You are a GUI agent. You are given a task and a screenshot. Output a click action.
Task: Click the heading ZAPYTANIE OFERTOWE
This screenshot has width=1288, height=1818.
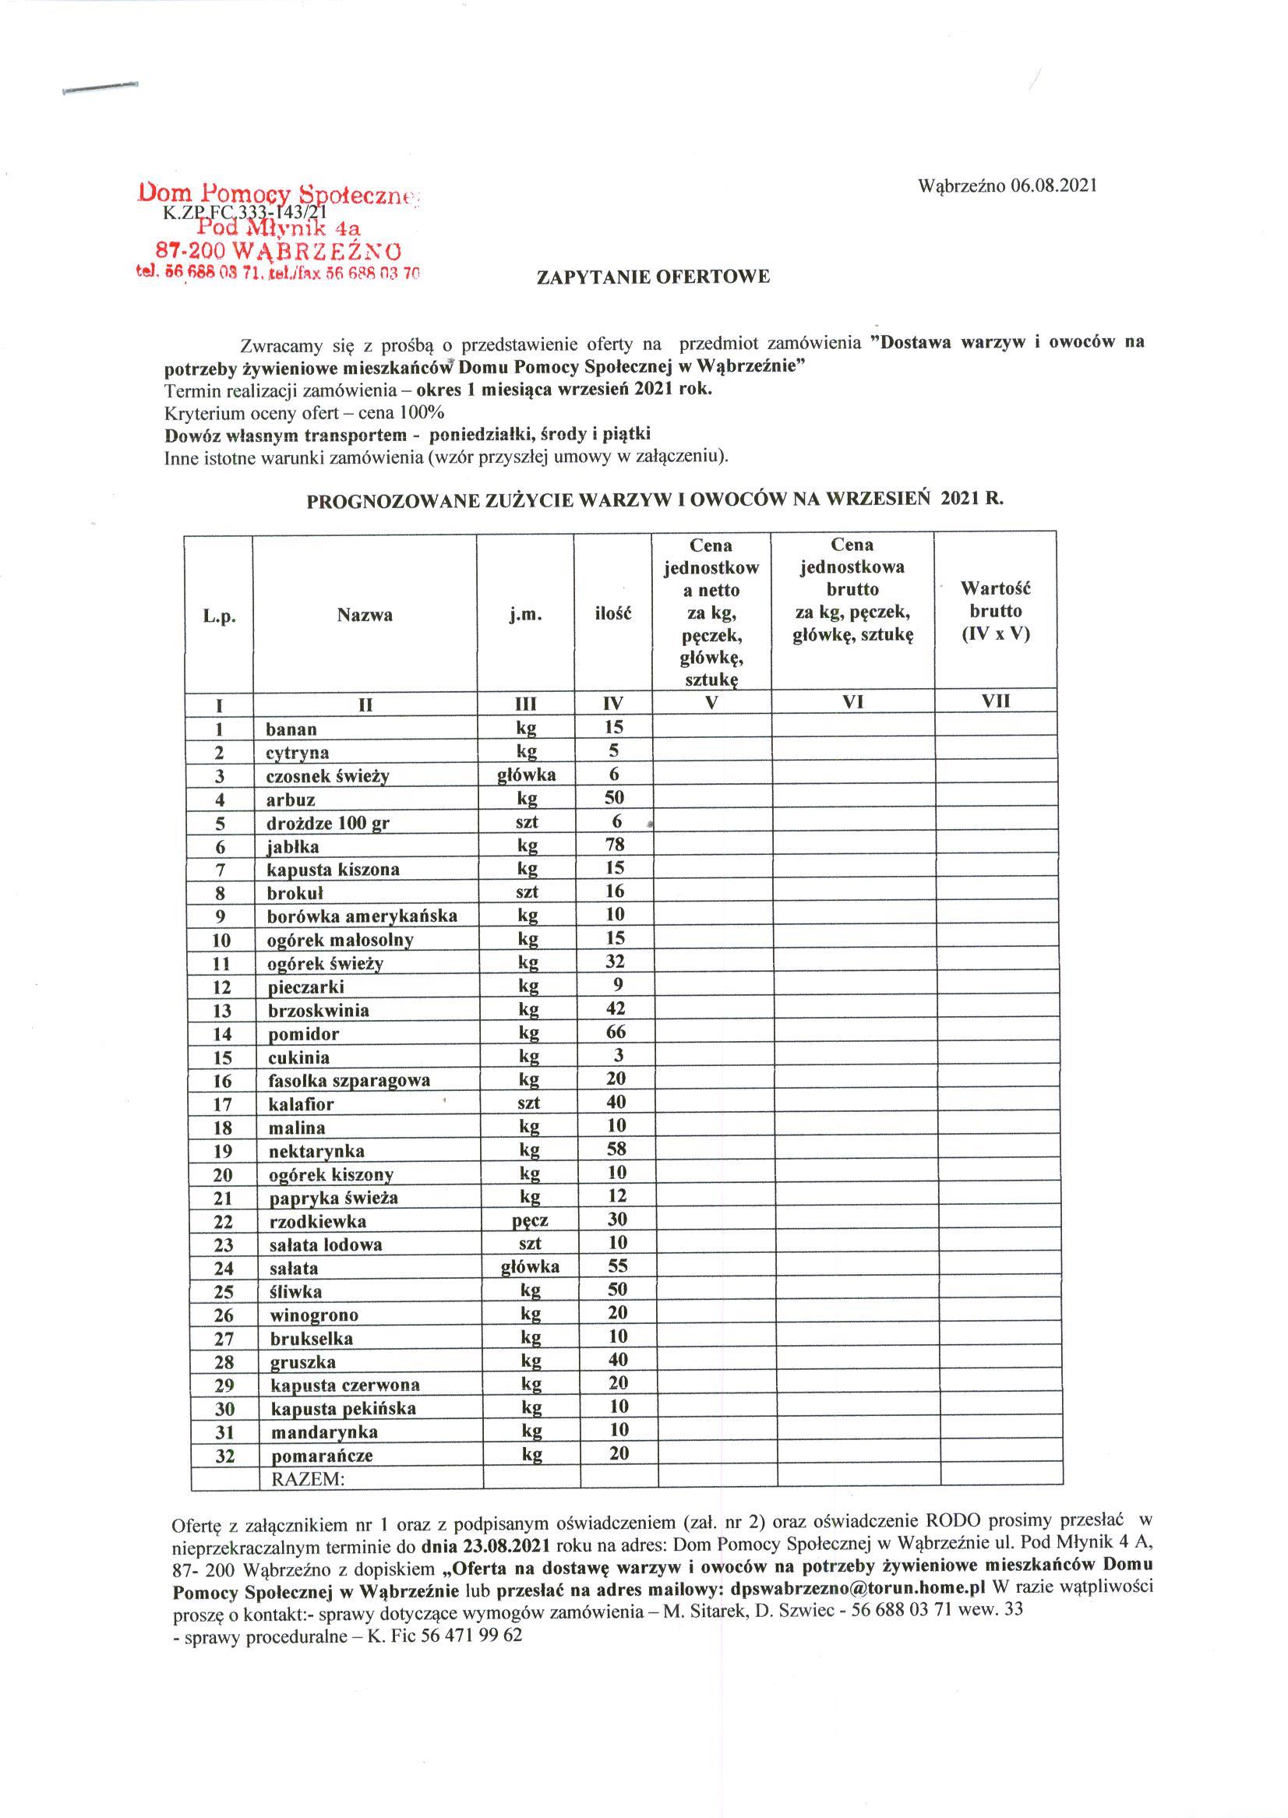pos(654,277)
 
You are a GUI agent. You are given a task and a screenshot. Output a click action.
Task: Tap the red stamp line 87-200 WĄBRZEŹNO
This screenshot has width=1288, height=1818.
pos(279,252)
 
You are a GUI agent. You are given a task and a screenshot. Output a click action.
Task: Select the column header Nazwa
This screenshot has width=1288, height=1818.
pos(365,615)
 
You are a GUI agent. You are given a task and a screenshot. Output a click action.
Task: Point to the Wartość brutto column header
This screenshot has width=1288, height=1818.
pos(995,611)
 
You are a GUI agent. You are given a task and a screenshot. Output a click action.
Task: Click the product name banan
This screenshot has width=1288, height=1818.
pos(292,729)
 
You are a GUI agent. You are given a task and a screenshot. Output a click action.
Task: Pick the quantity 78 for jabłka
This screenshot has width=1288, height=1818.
pos(615,844)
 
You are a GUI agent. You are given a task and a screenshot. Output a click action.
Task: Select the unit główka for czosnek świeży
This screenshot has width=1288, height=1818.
pos(527,774)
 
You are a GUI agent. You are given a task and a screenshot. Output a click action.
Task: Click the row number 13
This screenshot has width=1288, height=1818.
pos(222,1011)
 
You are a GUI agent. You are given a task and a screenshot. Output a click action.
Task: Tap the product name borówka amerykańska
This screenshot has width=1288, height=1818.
pos(362,916)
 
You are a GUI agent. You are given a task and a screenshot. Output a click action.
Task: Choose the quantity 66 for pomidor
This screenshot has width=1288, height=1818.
pos(616,1032)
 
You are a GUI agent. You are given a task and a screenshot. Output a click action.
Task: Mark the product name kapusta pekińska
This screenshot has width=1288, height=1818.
pos(344,1409)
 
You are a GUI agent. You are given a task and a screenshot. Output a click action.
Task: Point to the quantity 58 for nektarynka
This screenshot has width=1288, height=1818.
pos(616,1149)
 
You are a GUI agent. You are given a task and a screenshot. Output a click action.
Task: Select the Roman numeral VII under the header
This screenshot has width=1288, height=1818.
pos(996,701)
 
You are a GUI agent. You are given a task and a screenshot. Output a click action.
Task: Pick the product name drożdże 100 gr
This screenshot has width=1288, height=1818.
pos(328,823)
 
